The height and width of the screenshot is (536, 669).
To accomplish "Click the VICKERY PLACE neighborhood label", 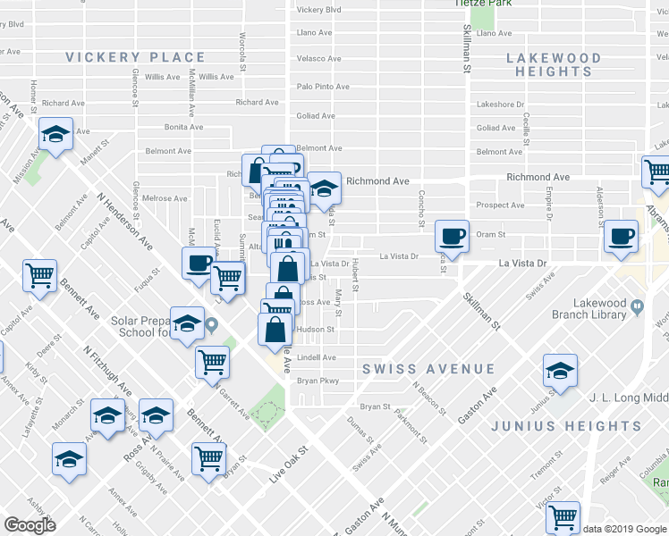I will [135, 57].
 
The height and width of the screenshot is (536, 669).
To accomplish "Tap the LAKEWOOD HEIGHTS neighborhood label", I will [554, 64].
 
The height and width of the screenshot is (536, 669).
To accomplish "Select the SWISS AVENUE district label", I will [428, 369].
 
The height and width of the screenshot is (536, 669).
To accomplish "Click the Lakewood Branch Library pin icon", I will [637, 308].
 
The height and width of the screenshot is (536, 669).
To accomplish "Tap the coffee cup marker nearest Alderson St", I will [621, 236].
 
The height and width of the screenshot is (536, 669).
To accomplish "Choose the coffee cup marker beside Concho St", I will [453, 236].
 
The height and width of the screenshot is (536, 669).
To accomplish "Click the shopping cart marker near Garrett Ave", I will [213, 362].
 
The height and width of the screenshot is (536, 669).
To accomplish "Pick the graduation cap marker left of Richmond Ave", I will [324, 188].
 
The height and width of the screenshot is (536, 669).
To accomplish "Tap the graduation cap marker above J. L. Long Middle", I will [560, 371].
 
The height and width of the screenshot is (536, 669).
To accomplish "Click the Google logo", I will [30, 525].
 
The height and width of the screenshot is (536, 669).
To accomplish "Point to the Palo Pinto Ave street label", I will [323, 87].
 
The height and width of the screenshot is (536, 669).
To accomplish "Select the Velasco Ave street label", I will [319, 59].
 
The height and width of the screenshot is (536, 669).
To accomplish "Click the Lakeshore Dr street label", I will [500, 105].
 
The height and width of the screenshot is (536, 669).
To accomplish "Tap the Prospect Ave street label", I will [500, 205].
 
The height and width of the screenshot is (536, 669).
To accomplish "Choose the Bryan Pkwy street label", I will [318, 381].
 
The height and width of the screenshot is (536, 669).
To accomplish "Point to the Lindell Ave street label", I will [316, 357].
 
